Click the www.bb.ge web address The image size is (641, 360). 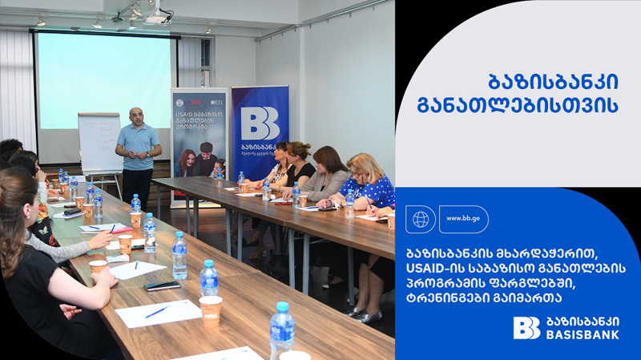pos(463,219)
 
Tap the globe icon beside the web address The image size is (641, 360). pos(421,219)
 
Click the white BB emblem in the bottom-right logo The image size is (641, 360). pos(526,328)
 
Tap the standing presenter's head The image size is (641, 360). pos(137,116)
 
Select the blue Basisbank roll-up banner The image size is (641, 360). pos(260,132)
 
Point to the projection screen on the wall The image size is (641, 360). pos(104,80)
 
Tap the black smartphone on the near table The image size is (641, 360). pos(162,285)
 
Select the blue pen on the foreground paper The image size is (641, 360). pos(157,312)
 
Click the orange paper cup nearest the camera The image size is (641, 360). pos(211,309)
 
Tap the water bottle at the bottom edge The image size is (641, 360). pos(281,329)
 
